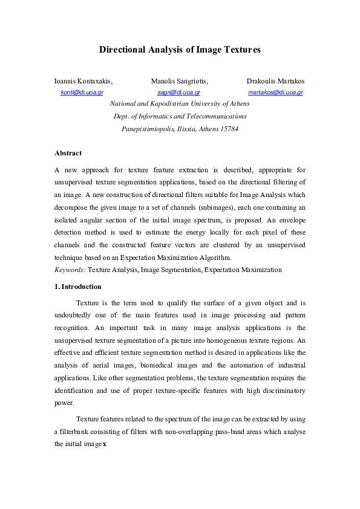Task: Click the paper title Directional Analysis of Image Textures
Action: [x=180, y=50]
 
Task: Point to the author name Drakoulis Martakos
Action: [x=275, y=81]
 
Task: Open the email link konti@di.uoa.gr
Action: [x=82, y=92]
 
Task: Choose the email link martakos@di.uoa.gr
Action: [x=275, y=92]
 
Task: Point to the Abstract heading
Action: [x=68, y=153]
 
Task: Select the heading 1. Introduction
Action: [x=77, y=287]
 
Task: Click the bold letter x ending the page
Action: [x=104, y=444]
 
